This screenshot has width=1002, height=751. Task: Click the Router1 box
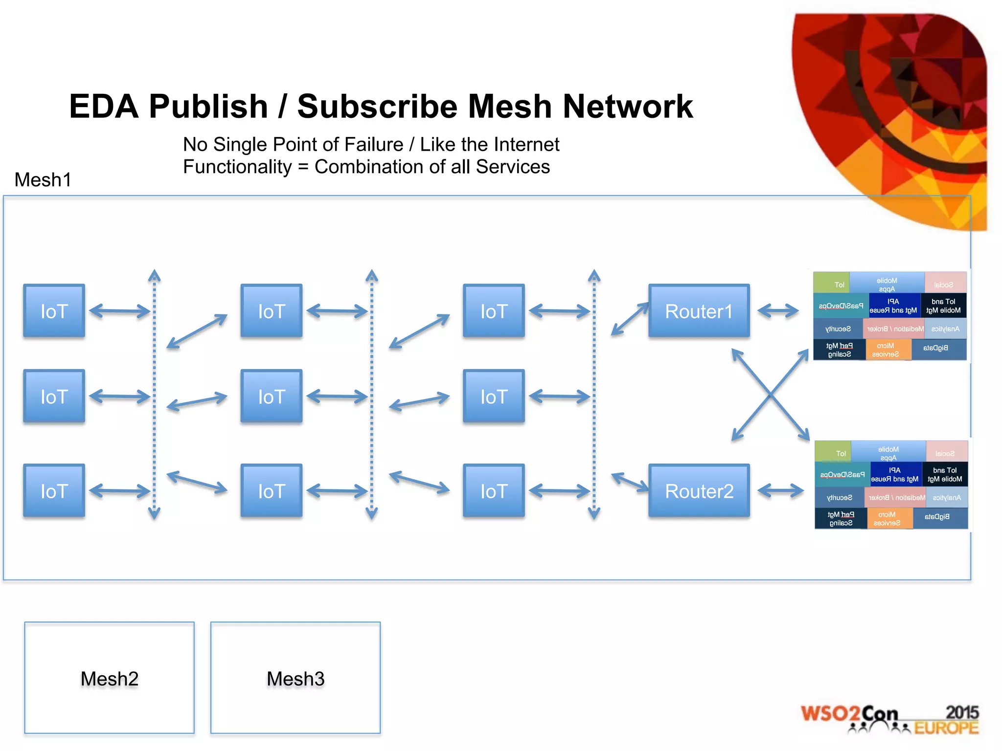point(699,311)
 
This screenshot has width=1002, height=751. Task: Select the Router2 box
point(699,491)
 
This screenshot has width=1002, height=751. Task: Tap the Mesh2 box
point(109,678)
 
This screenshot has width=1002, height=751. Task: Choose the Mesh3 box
point(296,678)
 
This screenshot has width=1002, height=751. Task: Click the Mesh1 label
point(43,180)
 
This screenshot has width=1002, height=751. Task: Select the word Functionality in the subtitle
point(237,167)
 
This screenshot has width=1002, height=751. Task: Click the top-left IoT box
point(54,311)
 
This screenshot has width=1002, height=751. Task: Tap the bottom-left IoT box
point(54,491)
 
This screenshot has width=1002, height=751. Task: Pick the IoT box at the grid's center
point(272,397)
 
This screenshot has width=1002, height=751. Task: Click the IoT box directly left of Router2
point(494,491)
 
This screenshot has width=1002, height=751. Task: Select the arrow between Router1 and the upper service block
point(778,310)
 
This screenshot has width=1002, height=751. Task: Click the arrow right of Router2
point(780,490)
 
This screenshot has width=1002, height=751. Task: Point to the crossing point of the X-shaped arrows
point(770,395)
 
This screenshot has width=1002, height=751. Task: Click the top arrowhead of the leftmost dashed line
point(155,275)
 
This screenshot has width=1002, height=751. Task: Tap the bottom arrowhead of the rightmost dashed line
point(594,513)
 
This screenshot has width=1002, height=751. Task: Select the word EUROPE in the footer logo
point(946,728)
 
